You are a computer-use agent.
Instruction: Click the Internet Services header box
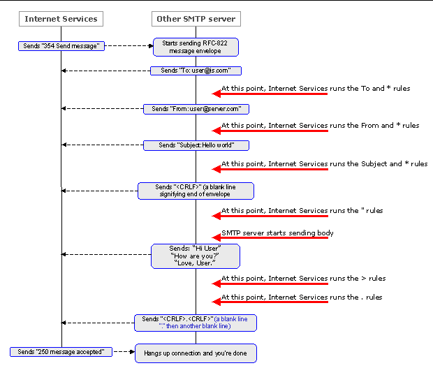[x=61, y=18]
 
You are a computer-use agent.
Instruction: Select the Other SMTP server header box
[x=196, y=18]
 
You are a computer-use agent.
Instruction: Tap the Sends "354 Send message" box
[x=61, y=46]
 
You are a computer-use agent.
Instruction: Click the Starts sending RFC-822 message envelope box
[x=196, y=47]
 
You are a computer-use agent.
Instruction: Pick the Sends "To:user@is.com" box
[x=196, y=71]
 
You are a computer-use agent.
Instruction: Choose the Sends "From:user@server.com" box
[x=196, y=108]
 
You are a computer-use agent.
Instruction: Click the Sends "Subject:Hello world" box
[x=196, y=145]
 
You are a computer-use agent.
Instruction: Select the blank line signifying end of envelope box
[x=196, y=191]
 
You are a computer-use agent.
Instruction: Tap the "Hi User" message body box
[x=196, y=256]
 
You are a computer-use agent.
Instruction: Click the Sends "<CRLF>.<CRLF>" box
[x=196, y=323]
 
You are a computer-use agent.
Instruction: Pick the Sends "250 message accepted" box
[x=61, y=351]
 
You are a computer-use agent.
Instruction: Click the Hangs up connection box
[x=196, y=353]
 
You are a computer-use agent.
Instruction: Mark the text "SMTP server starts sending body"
[x=277, y=233]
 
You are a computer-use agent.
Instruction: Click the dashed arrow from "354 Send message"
[x=129, y=46]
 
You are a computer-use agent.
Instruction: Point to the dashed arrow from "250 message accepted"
[x=123, y=351]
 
